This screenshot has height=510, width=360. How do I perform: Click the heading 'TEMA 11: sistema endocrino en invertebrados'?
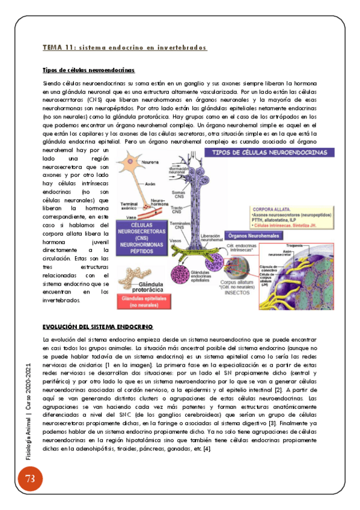[125, 48]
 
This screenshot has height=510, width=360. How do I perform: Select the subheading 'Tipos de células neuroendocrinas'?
[89, 70]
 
